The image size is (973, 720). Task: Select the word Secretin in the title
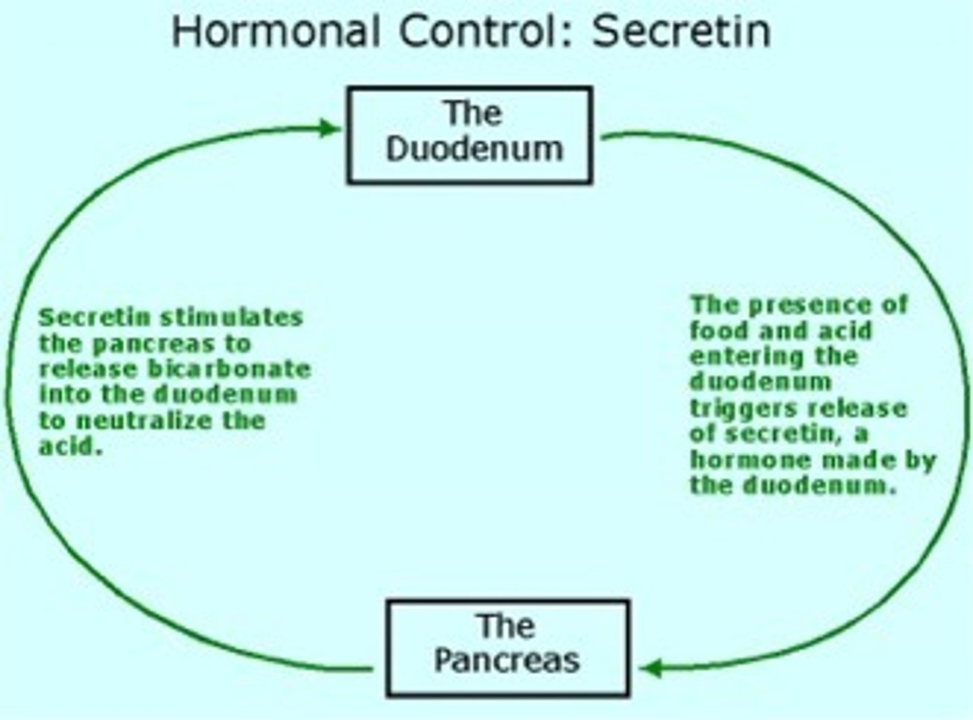[681, 31]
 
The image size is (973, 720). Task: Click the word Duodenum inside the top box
[474, 149]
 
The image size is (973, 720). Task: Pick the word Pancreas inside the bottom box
[507, 660]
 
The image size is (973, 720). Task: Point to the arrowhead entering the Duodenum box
[329, 127]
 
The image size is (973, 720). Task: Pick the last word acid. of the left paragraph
[70, 446]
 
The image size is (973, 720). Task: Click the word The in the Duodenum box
[472, 113]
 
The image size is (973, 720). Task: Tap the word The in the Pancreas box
[506, 625]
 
